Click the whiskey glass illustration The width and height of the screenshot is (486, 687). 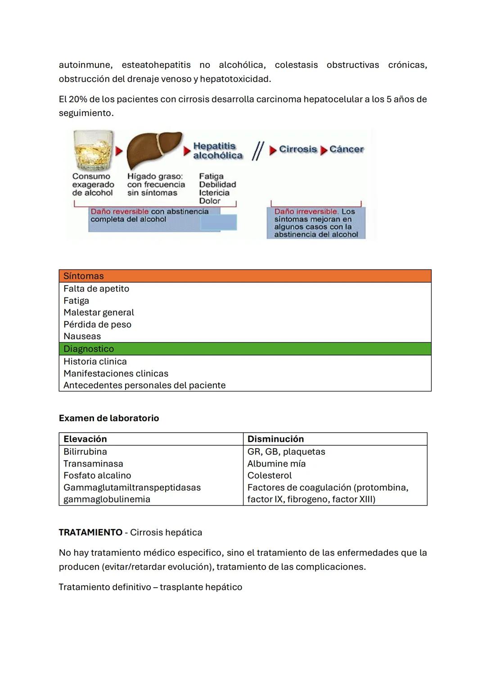pos(94,150)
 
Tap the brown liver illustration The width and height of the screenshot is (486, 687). pos(153,150)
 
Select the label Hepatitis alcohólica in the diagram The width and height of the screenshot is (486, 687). pos(217,151)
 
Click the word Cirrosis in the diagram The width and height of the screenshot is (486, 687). pos(298,149)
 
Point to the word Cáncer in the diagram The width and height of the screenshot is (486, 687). pos(346,149)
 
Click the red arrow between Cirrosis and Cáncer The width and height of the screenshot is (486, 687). pos(324,150)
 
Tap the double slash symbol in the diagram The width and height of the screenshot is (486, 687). pos(257,151)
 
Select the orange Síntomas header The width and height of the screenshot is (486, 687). pos(245,276)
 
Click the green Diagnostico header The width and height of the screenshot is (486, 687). pos(245,349)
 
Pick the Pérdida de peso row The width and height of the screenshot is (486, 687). pos(97,324)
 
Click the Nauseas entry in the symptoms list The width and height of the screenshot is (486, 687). pos(82,336)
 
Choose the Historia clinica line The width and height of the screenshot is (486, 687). pos(95,361)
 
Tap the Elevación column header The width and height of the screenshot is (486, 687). pos(85,439)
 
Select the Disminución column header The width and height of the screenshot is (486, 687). pos(275,439)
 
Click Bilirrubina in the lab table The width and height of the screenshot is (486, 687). pos(85,451)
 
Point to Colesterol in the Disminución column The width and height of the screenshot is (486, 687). pos(270,475)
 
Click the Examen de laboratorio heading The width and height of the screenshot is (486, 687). pos(109,418)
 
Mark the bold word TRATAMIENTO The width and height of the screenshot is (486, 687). pos(90,532)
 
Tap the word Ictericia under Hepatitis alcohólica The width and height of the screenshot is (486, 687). pos(214,193)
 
